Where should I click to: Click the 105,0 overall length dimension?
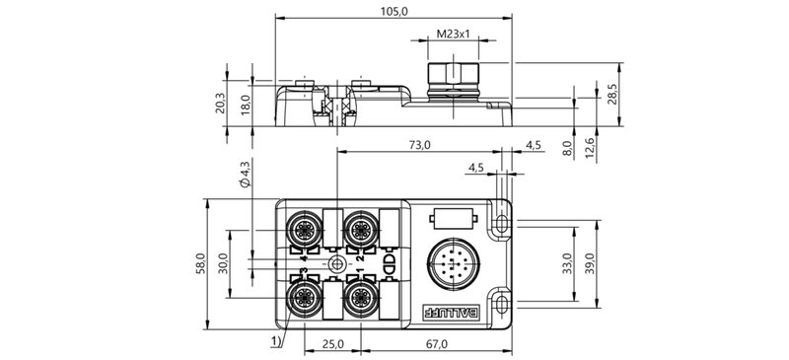click(x=394, y=10)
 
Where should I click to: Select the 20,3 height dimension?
click(x=220, y=103)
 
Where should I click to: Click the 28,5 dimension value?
click(x=611, y=95)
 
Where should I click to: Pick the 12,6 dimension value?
click(x=590, y=146)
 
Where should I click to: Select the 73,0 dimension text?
click(x=419, y=145)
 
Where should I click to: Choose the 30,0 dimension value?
click(x=222, y=263)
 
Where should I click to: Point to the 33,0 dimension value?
click(x=567, y=263)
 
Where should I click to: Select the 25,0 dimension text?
click(x=332, y=344)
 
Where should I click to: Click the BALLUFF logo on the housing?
click(x=450, y=314)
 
